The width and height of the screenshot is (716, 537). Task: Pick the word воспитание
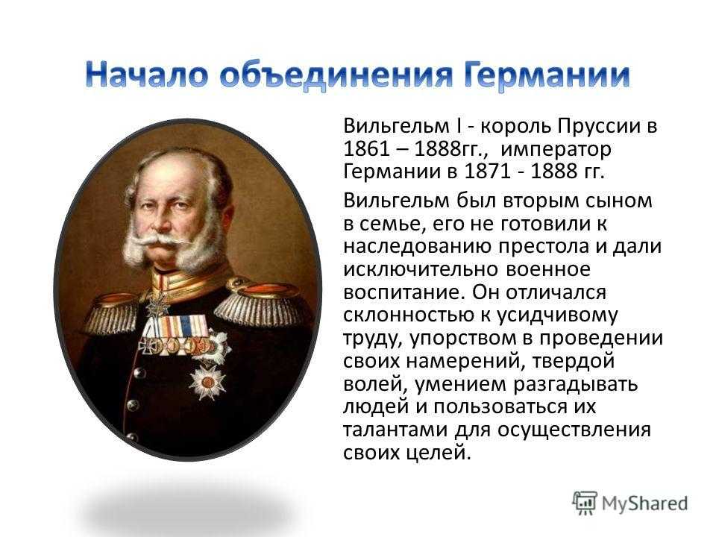tap(404, 292)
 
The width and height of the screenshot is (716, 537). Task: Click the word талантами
tap(395, 430)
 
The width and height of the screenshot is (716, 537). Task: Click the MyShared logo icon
tap(584, 503)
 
